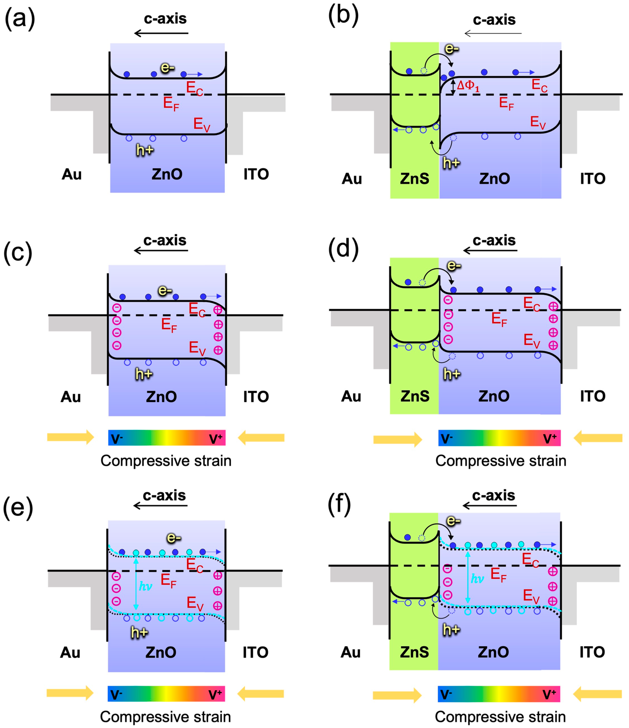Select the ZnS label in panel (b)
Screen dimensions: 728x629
point(414,179)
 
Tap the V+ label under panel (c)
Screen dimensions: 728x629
point(216,439)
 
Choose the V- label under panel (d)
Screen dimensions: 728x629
point(447,439)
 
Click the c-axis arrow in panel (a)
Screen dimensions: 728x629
point(162,33)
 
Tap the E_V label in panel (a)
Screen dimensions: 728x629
point(202,125)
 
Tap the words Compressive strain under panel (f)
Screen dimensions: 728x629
point(500,717)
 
